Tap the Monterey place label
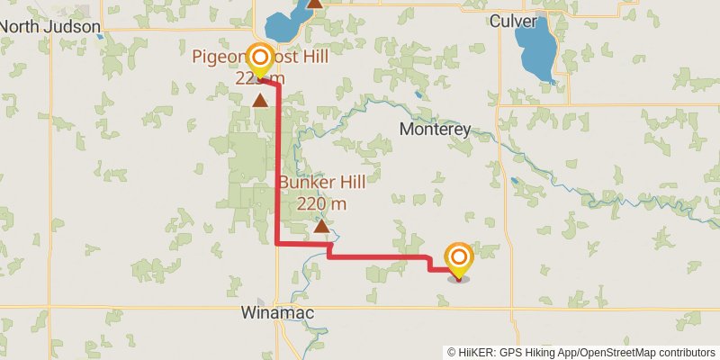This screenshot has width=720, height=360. (x=435, y=130)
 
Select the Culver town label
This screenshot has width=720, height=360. (x=514, y=21)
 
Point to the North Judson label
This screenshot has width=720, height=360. (x=49, y=26)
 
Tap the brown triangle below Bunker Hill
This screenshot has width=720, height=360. (x=321, y=226)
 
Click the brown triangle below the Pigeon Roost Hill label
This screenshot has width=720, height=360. (x=260, y=100)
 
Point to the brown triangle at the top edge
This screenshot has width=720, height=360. (x=315, y=4)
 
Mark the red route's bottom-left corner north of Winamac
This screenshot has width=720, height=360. (x=276, y=242)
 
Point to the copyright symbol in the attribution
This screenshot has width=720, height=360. (x=451, y=352)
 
